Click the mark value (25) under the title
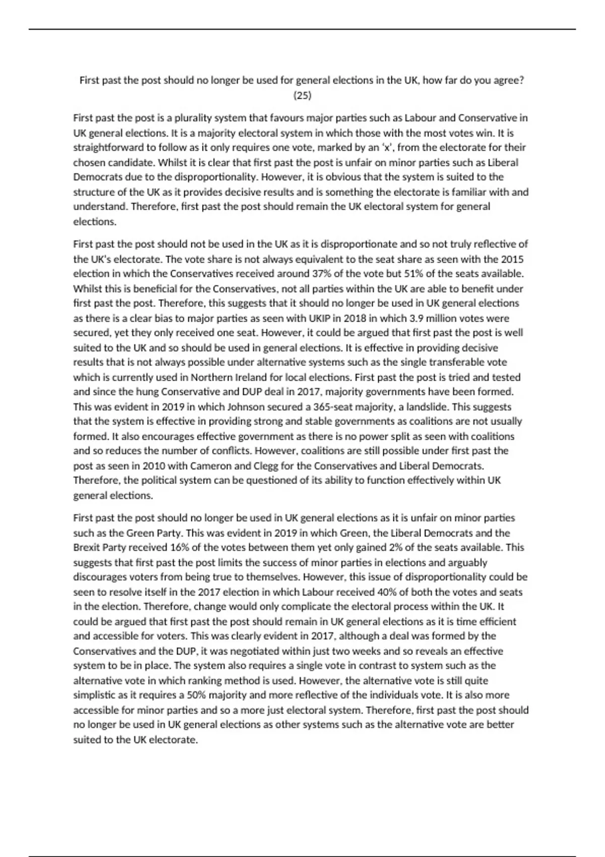(302, 95)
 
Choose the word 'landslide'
(433, 407)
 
